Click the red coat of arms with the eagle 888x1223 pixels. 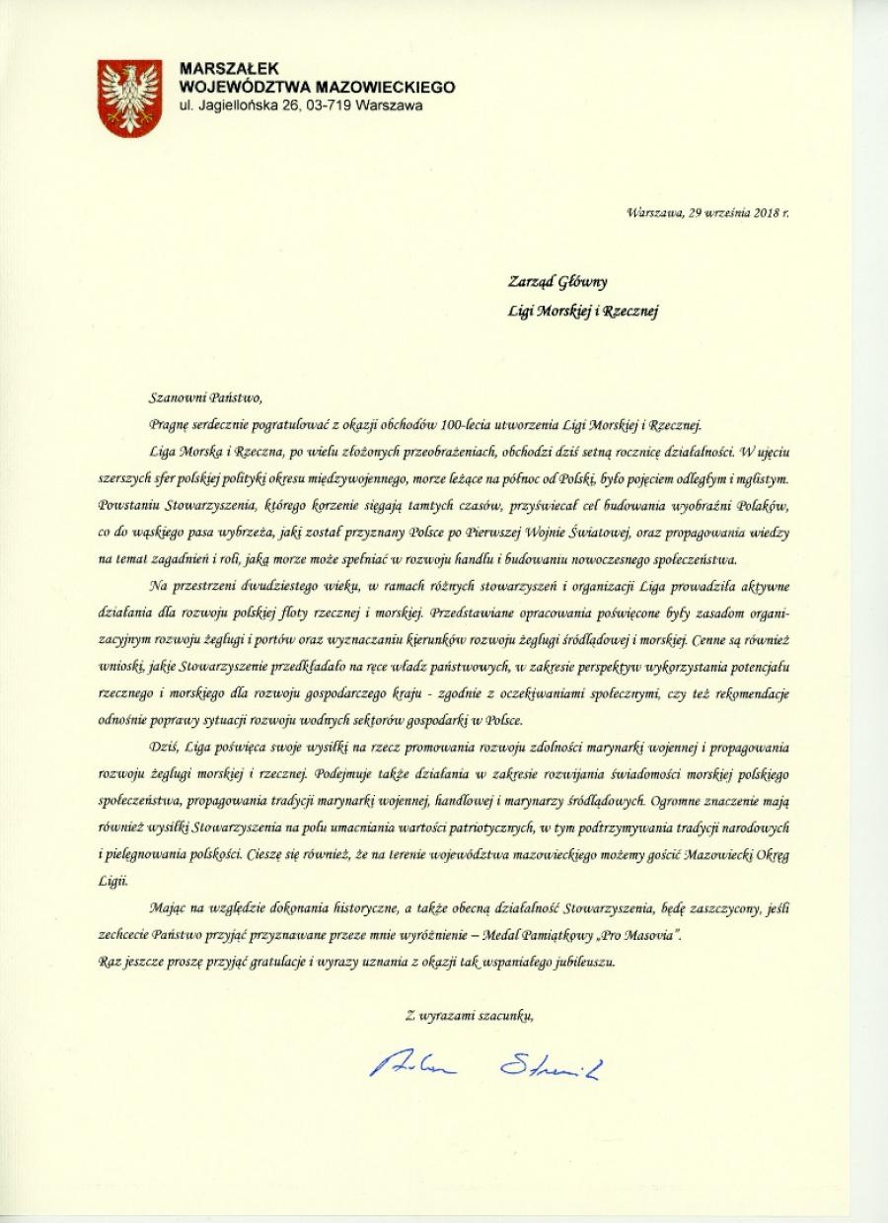tap(129, 98)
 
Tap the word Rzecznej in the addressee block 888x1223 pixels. tap(629, 311)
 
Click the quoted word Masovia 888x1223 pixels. tap(629, 933)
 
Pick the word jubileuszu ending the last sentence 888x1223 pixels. tap(581, 960)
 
